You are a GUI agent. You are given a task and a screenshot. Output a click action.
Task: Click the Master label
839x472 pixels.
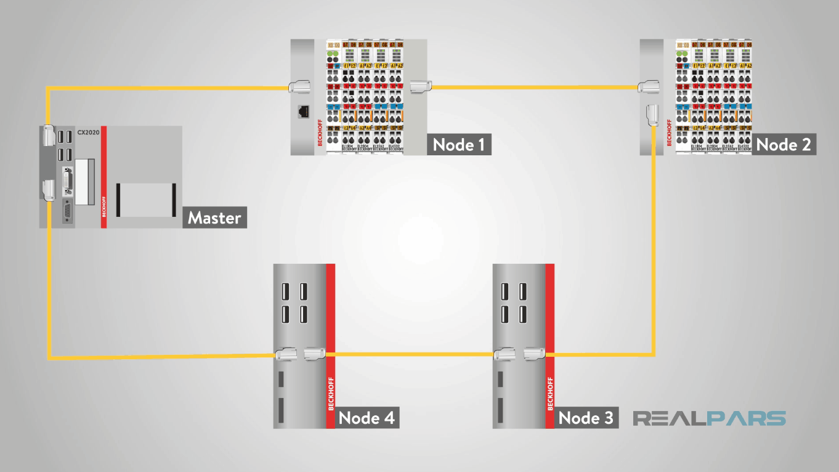(x=214, y=218)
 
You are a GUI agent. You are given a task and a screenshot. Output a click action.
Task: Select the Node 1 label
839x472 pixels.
(x=459, y=145)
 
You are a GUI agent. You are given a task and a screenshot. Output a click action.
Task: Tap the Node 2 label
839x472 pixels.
(x=784, y=145)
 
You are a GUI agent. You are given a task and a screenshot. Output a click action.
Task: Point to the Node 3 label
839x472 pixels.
(x=586, y=418)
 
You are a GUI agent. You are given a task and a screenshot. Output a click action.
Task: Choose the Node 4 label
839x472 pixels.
(x=367, y=418)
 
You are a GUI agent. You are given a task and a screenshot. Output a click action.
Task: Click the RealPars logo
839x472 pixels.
(x=710, y=419)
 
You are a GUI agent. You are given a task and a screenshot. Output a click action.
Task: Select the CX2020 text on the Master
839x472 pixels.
(x=87, y=132)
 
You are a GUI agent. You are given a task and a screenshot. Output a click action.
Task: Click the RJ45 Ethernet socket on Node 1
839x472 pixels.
(x=303, y=112)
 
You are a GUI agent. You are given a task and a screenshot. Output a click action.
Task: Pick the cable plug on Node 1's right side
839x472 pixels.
(x=418, y=87)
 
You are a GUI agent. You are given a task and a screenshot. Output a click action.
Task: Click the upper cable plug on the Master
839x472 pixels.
(x=48, y=136)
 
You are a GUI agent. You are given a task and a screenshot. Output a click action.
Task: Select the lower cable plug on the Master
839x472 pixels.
(x=48, y=190)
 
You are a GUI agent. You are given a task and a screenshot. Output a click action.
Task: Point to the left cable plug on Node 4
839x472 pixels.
(x=286, y=354)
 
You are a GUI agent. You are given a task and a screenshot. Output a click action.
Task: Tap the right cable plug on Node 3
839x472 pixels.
(x=534, y=354)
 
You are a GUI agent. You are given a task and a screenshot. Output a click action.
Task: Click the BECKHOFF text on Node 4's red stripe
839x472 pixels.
(x=331, y=393)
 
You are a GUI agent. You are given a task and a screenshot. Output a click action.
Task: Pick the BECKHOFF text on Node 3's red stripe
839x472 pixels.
(x=550, y=393)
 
